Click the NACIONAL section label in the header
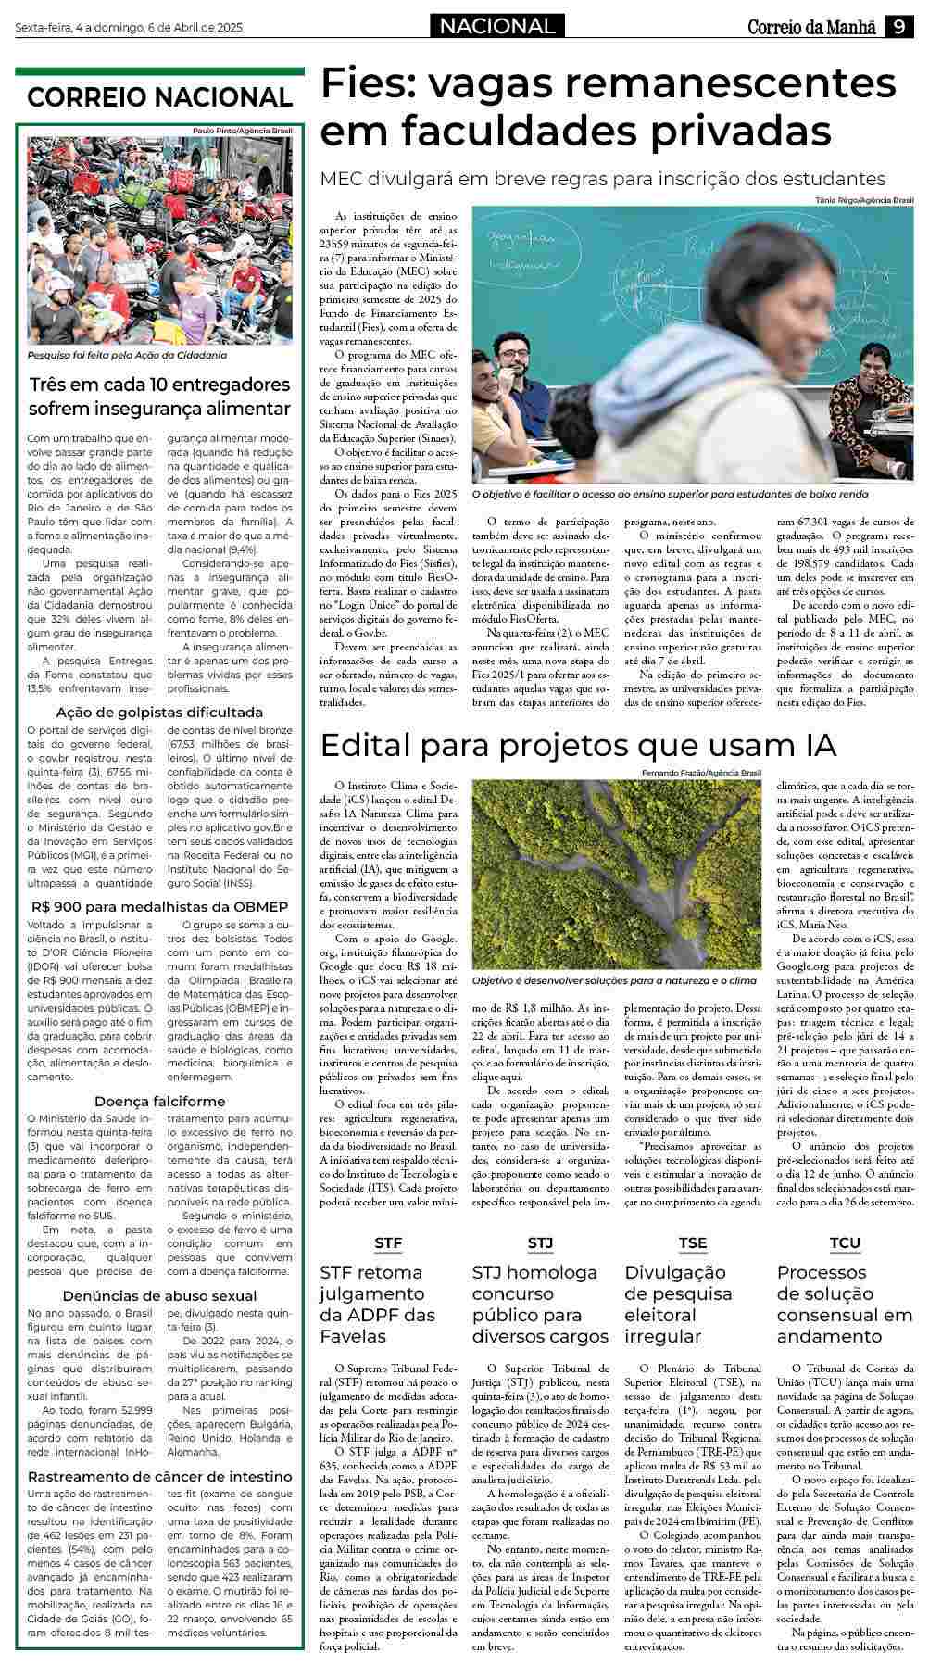tap(497, 27)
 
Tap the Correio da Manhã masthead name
tap(811, 28)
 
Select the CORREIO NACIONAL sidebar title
tap(159, 97)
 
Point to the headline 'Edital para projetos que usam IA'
tap(578, 746)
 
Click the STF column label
tap(388, 1242)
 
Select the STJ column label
tap(540, 1242)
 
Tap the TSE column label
tap(692, 1242)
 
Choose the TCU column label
tap(845, 1242)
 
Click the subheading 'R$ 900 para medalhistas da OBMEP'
tap(159, 906)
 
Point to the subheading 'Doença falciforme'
tap(159, 1101)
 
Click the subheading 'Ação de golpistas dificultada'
tap(159, 713)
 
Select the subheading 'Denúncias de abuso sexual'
tap(159, 1295)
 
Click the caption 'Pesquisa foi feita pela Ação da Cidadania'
tap(127, 355)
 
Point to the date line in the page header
tap(129, 28)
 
